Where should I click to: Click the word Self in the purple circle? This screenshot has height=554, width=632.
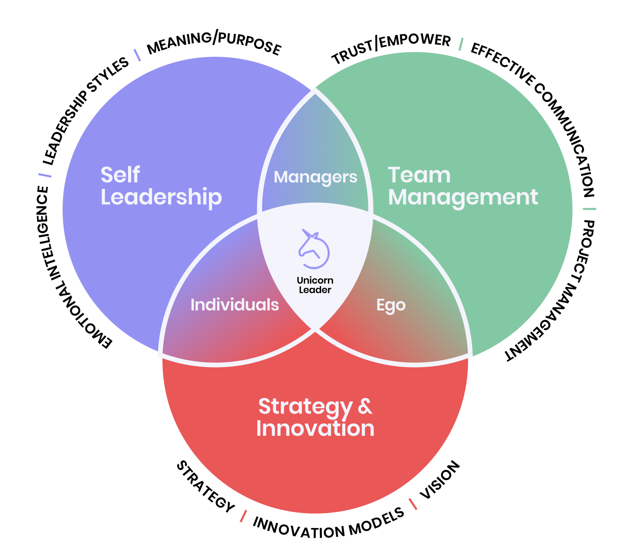120,175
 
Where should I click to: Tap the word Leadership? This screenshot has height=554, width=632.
161,197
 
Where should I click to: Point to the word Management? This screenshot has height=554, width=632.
463,197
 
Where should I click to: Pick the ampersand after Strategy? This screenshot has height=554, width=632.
365,407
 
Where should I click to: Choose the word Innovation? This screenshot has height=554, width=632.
315,429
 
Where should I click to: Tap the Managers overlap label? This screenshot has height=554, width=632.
315,177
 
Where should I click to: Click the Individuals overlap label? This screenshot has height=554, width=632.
234,305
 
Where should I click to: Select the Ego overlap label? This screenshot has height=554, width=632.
390,306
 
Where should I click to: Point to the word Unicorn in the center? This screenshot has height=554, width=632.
315,280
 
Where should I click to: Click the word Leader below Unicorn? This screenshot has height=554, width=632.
315,290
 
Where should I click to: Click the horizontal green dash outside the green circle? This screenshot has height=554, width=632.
589,209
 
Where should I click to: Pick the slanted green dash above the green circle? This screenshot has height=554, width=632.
461,44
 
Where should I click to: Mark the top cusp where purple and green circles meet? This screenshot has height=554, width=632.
315,90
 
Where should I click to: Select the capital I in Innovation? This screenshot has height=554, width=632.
259,429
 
